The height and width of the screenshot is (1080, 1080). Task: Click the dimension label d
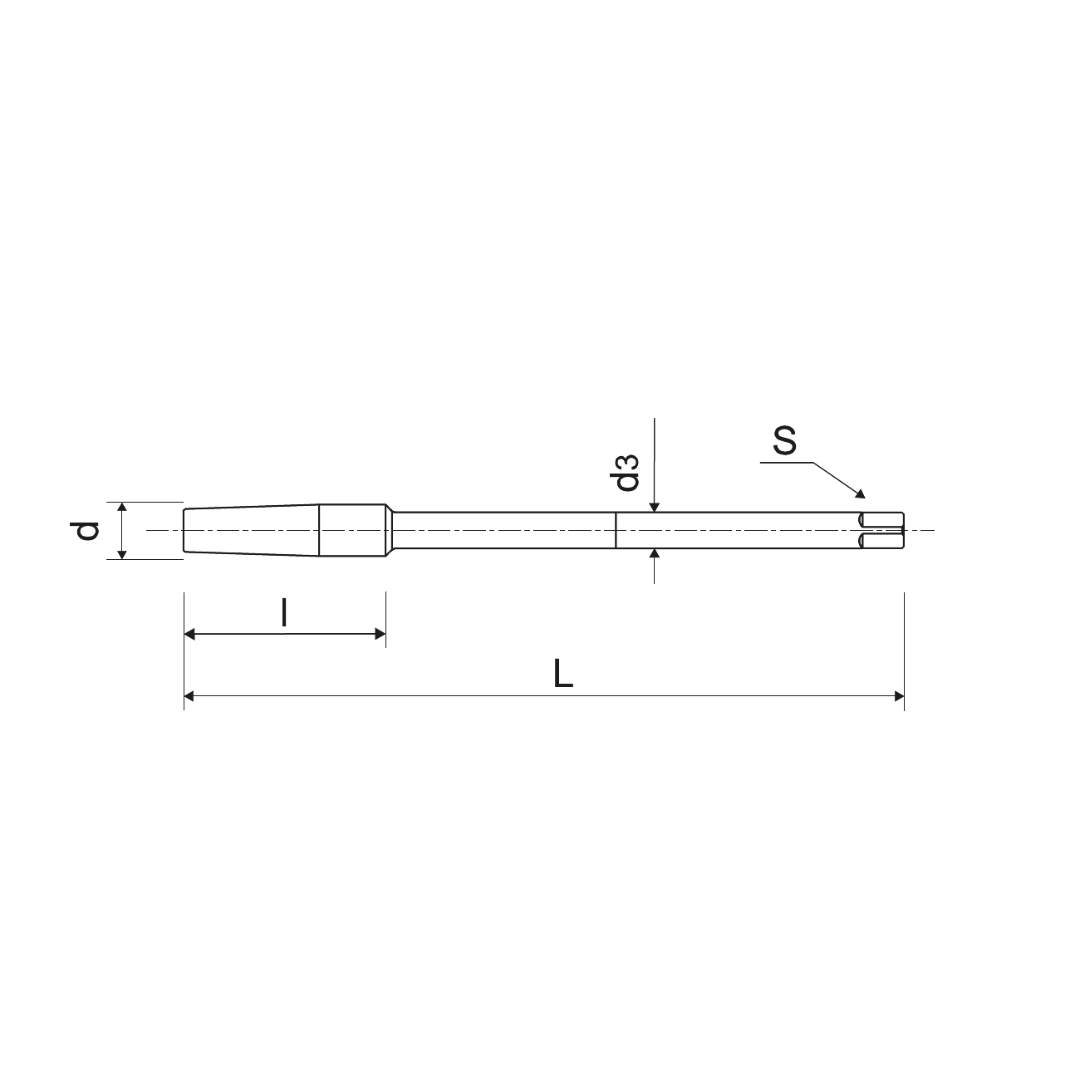pos(85,530)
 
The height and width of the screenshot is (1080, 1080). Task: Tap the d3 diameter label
pos(626,473)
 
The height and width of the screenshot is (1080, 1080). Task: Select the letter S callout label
pos(784,440)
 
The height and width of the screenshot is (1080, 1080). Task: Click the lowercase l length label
pos(285,612)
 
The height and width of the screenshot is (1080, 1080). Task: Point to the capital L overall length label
pos(562,674)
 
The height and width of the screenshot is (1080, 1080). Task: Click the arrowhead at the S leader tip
pos(861,493)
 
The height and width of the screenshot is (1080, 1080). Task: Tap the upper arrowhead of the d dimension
pos(122,507)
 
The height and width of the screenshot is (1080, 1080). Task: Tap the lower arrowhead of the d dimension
pos(122,554)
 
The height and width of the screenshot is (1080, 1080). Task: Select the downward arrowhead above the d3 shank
pos(654,508)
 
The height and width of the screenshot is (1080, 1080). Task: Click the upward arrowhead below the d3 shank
pos(654,553)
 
